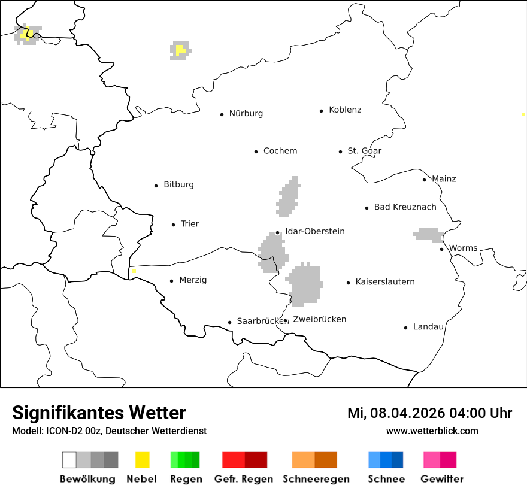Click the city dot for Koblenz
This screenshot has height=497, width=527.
[322, 111]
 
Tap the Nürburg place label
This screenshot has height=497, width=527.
[246, 114]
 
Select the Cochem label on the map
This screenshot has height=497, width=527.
[280, 151]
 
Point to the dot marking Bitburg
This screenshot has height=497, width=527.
[156, 186]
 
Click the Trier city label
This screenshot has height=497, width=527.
[189, 224]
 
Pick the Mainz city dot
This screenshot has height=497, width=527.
[424, 180]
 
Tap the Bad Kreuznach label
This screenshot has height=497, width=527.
[405, 207]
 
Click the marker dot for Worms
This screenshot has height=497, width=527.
[441, 249]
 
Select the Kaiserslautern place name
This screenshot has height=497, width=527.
[384, 282]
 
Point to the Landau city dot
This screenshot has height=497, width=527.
[405, 328]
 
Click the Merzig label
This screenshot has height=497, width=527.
[193, 280]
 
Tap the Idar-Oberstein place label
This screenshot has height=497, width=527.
[314, 232]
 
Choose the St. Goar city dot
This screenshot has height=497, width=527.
[340, 151]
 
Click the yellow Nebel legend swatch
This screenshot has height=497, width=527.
[142, 460]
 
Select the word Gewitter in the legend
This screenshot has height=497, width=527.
[441, 479]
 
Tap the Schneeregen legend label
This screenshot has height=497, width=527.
[316, 479]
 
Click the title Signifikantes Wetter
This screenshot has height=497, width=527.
[99, 413]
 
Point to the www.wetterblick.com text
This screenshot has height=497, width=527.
[432, 431]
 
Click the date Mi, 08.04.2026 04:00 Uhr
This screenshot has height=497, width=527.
[429, 413]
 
